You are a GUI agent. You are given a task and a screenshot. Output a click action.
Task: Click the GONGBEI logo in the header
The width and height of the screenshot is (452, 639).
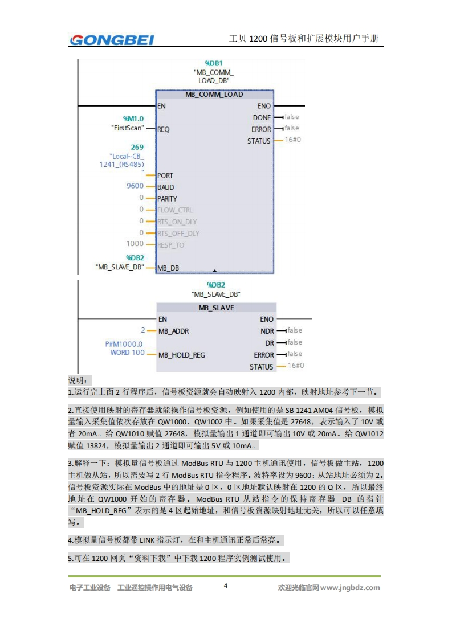click(x=112, y=39)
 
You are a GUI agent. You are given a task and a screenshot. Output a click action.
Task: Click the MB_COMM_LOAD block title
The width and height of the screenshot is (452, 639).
click(x=214, y=95)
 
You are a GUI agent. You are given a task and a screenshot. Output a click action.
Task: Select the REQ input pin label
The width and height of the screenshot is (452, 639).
click(x=163, y=129)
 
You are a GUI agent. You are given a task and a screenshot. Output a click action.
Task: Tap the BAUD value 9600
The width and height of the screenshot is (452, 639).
click(x=135, y=186)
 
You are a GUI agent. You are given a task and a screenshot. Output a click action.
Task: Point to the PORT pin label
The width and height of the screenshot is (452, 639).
click(x=165, y=175)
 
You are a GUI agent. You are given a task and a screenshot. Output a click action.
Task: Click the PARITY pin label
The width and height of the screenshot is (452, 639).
click(x=167, y=199)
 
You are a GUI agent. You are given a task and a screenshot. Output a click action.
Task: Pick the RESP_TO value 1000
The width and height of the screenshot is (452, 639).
click(x=135, y=244)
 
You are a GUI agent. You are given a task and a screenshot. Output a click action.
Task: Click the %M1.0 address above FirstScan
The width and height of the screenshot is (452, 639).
click(x=133, y=118)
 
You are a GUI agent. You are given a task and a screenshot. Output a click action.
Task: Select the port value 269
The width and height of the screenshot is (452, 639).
click(x=137, y=147)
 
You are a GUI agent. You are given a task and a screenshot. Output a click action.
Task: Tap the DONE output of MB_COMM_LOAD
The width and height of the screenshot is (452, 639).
click(x=262, y=118)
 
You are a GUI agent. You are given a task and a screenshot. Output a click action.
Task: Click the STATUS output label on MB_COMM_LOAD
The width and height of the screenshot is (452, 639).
click(x=259, y=141)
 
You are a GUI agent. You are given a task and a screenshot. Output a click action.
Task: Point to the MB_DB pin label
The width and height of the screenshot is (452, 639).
click(x=168, y=268)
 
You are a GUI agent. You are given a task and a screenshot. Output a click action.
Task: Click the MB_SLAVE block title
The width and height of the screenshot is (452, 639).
click(x=216, y=308)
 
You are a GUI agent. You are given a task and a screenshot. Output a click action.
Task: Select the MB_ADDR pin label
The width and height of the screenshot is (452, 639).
click(x=173, y=331)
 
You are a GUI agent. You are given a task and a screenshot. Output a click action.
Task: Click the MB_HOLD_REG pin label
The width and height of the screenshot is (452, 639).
click(x=181, y=355)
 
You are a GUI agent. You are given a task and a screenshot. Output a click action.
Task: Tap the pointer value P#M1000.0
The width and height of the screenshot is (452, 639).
click(x=124, y=344)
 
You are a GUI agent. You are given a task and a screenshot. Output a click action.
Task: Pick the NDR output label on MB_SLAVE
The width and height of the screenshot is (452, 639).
click(x=267, y=331)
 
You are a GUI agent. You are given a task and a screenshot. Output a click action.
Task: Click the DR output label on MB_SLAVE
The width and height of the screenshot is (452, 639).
click(x=270, y=343)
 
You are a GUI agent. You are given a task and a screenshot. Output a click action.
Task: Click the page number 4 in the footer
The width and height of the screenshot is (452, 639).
click(x=226, y=586)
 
